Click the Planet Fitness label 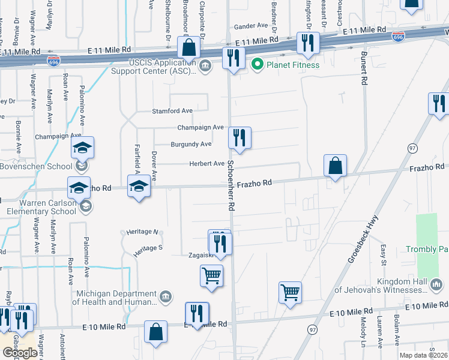[294, 64]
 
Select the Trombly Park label [427, 249]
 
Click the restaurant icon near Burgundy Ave [240, 137]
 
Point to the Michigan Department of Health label [114, 298]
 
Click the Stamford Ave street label [172, 111]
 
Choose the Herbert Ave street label [206, 163]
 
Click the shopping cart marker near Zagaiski [211, 275]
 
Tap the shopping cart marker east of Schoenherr [290, 292]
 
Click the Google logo [20, 353]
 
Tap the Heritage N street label [142, 232]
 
